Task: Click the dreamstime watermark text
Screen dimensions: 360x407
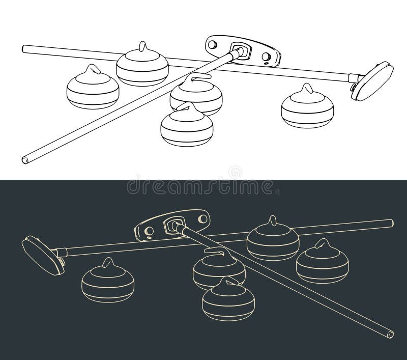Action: click(203, 185)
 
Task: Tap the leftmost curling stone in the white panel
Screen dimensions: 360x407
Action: click(93, 89)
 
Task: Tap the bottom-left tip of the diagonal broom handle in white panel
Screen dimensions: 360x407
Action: click(24, 159)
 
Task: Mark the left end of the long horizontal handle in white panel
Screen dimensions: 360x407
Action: click(24, 48)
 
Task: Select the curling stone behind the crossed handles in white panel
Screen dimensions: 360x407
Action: click(142, 65)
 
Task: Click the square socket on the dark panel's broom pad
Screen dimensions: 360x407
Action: click(171, 225)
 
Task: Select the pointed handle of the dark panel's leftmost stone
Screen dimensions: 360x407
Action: click(108, 264)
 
